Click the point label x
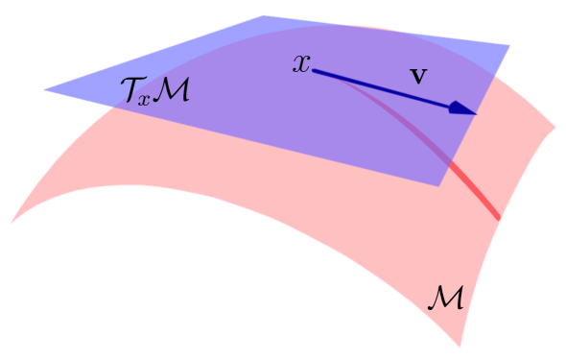pyautogui.click(x=302, y=64)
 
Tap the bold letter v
pyautogui.click(x=417, y=74)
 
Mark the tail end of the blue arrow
pyautogui.click(x=315, y=71)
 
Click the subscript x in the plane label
pyautogui.click(x=147, y=98)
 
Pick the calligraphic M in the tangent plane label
pyautogui.click(x=173, y=92)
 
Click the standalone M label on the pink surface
pyautogui.click(x=444, y=296)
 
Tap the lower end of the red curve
pyautogui.click(x=498, y=217)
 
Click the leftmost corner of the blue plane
pyautogui.click(x=45, y=90)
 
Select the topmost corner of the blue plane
pyautogui.click(x=262, y=16)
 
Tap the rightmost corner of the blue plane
pyautogui.click(x=509, y=45)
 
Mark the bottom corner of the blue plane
pyautogui.click(x=438, y=186)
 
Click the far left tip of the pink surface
pyautogui.click(x=12, y=222)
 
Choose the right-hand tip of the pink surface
pyautogui.click(x=554, y=124)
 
